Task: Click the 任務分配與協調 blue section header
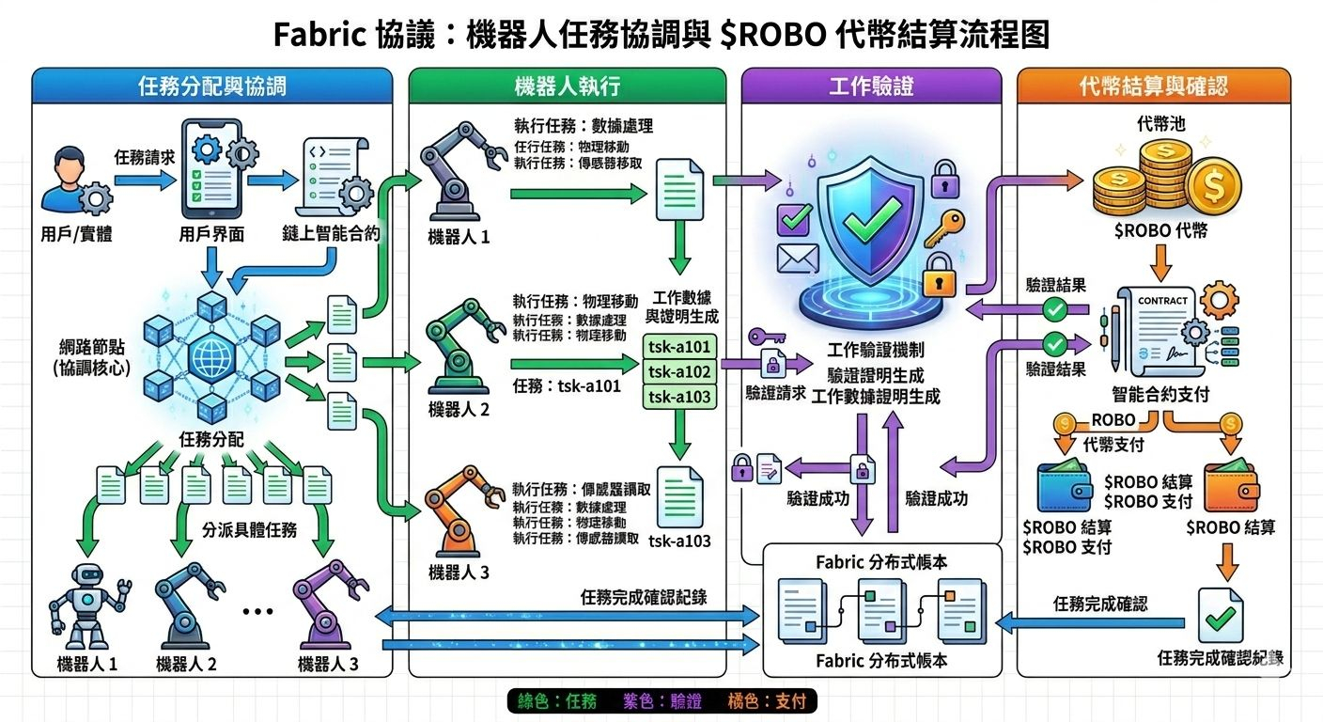[211, 86]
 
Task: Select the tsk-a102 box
[679, 371]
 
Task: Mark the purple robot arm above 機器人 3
[323, 602]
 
